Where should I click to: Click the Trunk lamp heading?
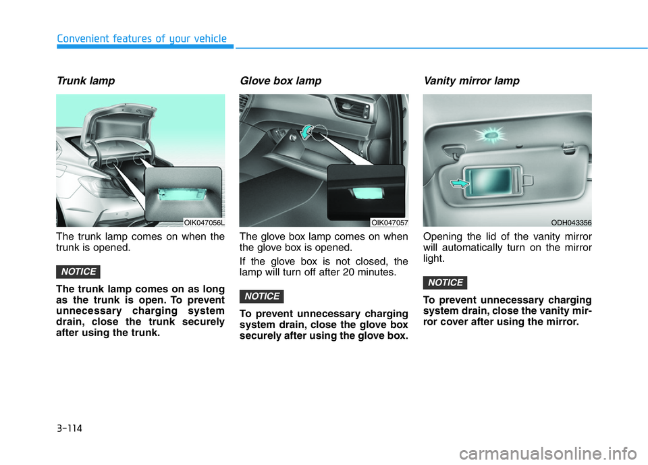click(86, 81)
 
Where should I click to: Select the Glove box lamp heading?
click(281, 81)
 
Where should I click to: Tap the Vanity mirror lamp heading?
click(472, 81)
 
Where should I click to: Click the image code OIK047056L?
click(204, 223)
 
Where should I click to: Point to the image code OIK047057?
click(389, 223)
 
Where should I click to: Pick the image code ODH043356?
click(571, 223)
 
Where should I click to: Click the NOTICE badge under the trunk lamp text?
click(78, 271)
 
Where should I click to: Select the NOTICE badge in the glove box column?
click(262, 296)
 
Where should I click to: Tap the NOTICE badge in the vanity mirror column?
click(445, 283)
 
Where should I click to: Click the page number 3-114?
click(70, 429)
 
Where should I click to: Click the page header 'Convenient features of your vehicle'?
click(142, 39)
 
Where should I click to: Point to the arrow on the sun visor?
click(460, 183)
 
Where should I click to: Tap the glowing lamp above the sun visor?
click(491, 135)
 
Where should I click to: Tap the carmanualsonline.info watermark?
click(548, 454)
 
